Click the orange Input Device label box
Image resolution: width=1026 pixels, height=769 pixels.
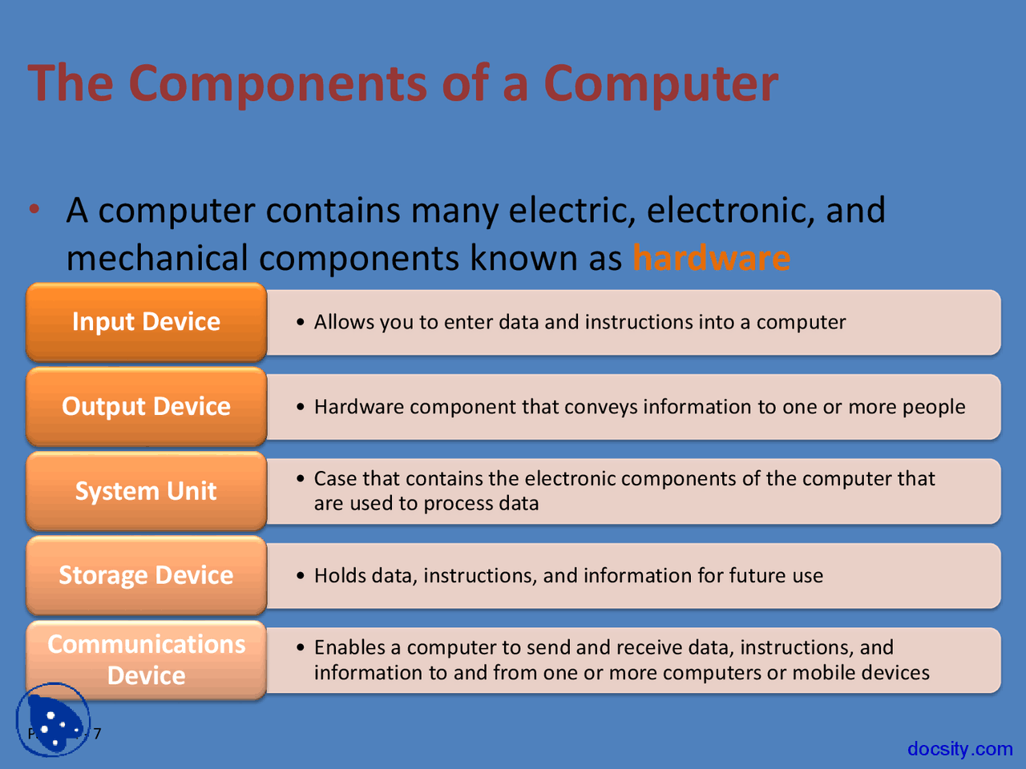click(146, 322)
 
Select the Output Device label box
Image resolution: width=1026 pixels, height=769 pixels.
click(146, 407)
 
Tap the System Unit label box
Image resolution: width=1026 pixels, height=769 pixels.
click(146, 491)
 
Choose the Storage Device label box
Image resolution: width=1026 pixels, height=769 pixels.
click(146, 576)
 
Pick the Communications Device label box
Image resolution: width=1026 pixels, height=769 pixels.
click(146, 660)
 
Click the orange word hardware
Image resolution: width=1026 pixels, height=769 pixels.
click(711, 259)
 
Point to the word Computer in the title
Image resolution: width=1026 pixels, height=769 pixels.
click(660, 83)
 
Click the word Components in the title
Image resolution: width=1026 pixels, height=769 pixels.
click(277, 83)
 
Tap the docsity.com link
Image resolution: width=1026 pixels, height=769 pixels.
click(959, 749)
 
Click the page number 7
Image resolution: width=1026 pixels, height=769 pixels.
click(97, 734)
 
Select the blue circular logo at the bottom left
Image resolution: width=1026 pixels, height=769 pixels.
click(53, 719)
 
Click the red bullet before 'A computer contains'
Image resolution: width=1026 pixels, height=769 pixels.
click(34, 210)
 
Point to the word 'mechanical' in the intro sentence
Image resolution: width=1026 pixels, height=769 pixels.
click(157, 259)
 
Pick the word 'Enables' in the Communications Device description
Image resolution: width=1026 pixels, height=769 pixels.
click(349, 647)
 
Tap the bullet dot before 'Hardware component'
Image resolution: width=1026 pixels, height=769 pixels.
click(301, 407)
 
